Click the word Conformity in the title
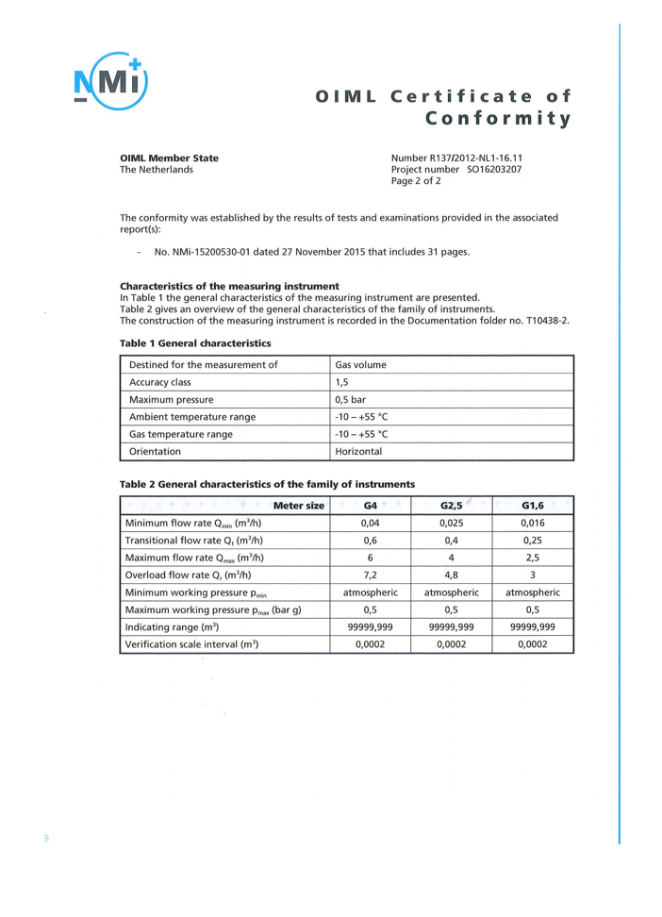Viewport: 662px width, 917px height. coord(499,119)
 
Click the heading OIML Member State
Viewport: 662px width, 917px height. coord(169,158)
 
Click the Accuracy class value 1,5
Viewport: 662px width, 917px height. coord(342,382)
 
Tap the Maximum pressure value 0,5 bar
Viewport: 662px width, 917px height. coord(350,399)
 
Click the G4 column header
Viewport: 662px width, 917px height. coord(371,506)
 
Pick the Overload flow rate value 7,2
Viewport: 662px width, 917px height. coord(371,575)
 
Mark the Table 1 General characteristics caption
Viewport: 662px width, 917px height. coord(195,343)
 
